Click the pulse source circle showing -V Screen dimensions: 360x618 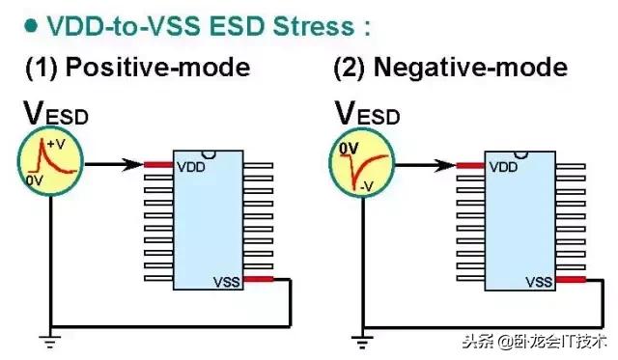pyautogui.click(x=362, y=165)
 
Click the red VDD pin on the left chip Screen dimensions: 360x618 pyautogui.click(x=158, y=165)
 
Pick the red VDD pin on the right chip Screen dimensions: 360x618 pyautogui.click(x=470, y=166)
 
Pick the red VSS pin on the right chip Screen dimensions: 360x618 pyautogui.click(x=572, y=282)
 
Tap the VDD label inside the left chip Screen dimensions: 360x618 pyautogui.click(x=189, y=166)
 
